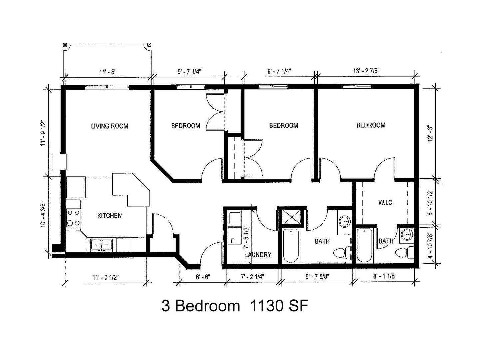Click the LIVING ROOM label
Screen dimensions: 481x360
coord(110,126)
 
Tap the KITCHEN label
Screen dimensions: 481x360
coord(109,216)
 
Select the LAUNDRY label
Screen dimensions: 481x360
coord(258,255)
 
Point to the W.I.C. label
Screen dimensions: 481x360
coord(386,202)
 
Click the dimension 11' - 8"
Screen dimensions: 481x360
coord(108,72)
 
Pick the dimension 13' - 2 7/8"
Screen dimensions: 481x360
coord(366,71)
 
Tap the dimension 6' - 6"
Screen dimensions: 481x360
coord(203,277)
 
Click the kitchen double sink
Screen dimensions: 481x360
coord(101,245)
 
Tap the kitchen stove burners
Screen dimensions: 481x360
coord(73,218)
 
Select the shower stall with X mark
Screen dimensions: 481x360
coord(291,217)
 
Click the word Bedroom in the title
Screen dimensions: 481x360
coord(207,306)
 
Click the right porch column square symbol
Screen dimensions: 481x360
coord(149,45)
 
